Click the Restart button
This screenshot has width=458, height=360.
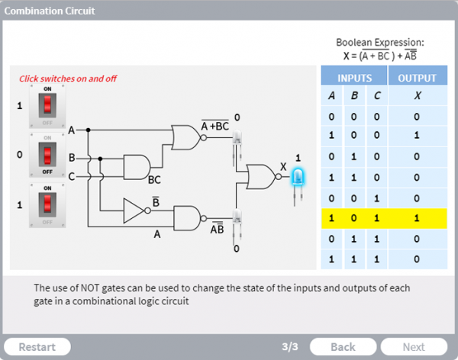pos(37,346)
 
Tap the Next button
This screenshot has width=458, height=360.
pos(414,346)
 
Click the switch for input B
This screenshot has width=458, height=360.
pos(47,155)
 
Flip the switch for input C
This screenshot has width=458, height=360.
pos(47,204)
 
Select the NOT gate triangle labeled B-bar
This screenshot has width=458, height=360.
pos(134,213)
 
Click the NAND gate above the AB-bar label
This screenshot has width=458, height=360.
pos(188,218)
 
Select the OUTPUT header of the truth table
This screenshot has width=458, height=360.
pos(418,78)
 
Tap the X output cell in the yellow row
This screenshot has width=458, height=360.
pos(417,218)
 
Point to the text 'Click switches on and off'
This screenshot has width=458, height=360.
pos(68,79)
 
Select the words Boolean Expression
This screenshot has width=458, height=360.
pos(379,43)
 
